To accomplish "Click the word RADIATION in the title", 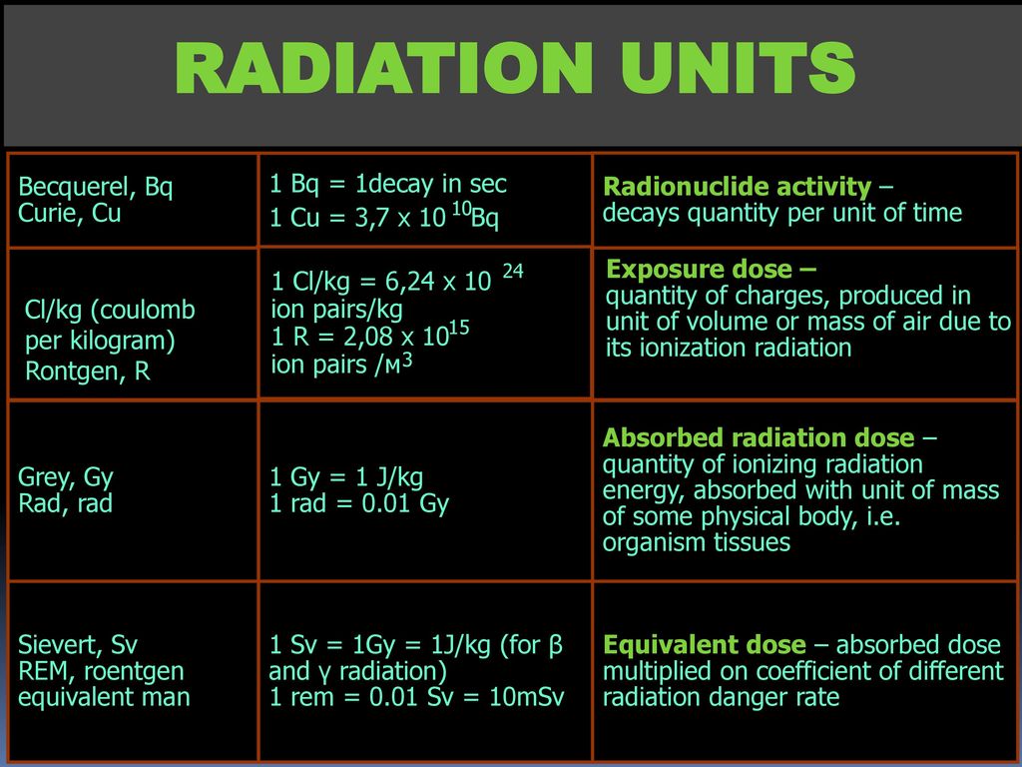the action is point(384,68).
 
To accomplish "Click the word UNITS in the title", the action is point(738,68).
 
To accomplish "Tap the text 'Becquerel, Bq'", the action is point(95,188).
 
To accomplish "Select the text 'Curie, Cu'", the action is point(69,214).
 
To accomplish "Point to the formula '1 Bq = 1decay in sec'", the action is point(388,185).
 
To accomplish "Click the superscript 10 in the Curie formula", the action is point(461,209).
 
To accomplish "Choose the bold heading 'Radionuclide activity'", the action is point(738,187).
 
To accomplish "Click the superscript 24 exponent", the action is point(513,271).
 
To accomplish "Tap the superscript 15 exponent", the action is point(459,328).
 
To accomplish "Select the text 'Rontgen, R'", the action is point(88,372).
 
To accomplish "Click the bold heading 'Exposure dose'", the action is point(700,270).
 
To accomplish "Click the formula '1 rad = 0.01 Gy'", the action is point(359,504).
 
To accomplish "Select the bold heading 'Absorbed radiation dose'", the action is point(759,437).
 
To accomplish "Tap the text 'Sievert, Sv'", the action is point(78,645).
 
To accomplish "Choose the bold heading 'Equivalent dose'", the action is point(705,645).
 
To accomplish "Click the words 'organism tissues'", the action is point(696,542).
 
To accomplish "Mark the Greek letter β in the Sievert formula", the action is point(555,646).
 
